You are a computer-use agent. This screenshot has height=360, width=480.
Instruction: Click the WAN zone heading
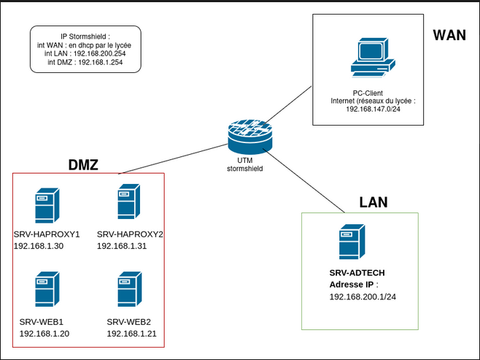coord(449,36)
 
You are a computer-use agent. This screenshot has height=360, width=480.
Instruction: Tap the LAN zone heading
coord(373,202)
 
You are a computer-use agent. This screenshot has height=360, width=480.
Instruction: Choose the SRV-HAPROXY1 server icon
coord(47,205)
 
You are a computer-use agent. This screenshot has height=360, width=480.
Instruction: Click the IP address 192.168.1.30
coord(39,246)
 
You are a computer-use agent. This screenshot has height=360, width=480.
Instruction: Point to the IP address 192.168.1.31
coord(122,246)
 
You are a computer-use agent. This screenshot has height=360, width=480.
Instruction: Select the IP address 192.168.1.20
coord(44,333)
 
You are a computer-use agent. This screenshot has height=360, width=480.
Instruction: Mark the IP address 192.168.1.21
coord(131,333)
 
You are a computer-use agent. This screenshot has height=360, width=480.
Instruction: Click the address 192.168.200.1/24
coord(363,297)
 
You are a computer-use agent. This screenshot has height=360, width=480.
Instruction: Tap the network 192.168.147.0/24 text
coord(373,109)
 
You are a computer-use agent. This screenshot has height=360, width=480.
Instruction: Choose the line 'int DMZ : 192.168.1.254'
coord(85,63)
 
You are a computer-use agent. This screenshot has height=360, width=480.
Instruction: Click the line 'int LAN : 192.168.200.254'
coord(85,53)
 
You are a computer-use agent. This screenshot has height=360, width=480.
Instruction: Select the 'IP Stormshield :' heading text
coord(85,36)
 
